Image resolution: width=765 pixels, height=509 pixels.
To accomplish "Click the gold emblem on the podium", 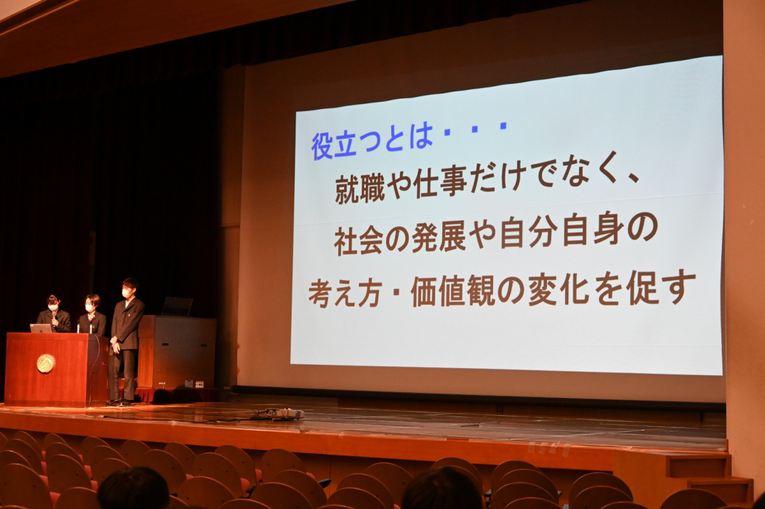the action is (x=46, y=363).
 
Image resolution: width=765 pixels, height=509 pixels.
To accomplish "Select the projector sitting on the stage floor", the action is (x=285, y=413).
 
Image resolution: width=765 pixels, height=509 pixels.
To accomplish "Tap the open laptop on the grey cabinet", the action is (x=178, y=306).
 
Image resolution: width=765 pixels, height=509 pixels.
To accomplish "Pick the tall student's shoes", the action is (x=119, y=402).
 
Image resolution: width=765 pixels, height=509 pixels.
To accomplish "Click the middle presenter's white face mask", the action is (x=90, y=308).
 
